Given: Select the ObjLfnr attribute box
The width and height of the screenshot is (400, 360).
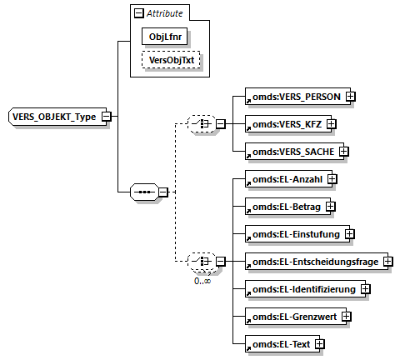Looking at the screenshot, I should click(x=165, y=37).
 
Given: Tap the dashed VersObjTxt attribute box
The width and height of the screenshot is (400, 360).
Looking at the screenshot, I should click(x=170, y=62).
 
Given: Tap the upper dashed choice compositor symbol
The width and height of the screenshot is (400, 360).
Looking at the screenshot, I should click(x=199, y=124).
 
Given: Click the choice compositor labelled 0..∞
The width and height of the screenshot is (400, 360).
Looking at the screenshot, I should click(x=199, y=262).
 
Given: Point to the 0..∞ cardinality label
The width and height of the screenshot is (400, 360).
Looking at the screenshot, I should click(x=202, y=281).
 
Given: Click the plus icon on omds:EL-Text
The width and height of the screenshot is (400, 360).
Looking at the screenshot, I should click(x=319, y=344).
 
